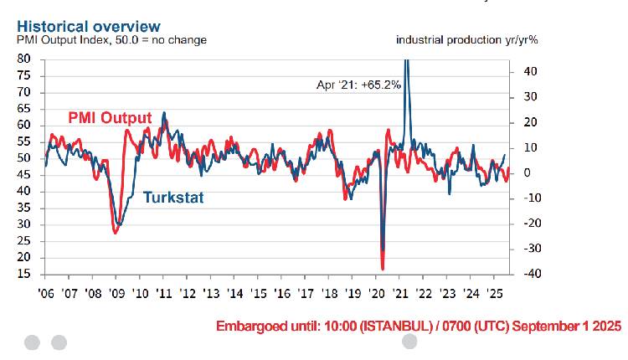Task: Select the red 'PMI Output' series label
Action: tap(109, 118)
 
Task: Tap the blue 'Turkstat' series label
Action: tap(173, 198)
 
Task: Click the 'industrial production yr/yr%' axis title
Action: tap(466, 39)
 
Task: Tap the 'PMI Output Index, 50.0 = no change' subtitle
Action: tap(111, 39)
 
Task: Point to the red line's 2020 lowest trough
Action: tap(383, 268)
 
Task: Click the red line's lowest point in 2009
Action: tap(115, 232)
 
